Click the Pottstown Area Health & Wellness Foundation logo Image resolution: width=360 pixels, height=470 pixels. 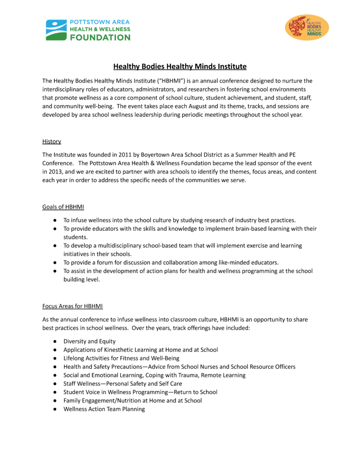[88, 30]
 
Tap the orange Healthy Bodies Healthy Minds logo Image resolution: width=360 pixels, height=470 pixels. [307, 28]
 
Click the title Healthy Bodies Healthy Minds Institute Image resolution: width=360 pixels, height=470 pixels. [180, 67]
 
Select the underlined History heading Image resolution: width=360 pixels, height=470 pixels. [51, 141]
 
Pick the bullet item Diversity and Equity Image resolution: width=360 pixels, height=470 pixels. [90, 341]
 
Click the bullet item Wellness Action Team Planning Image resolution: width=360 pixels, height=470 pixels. [104, 409]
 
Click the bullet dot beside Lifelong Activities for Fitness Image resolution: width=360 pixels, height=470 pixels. [54, 358]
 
